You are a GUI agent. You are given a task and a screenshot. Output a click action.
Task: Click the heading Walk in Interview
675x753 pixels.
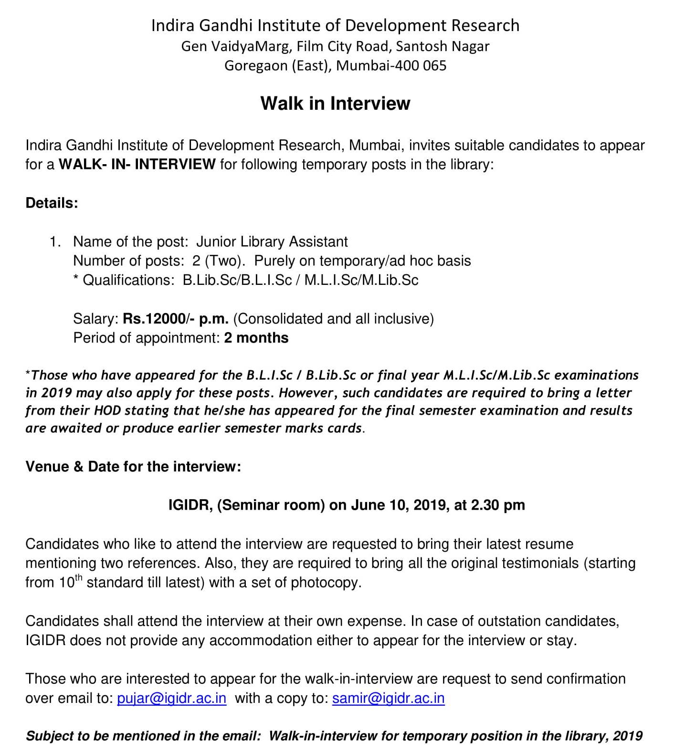[335, 104]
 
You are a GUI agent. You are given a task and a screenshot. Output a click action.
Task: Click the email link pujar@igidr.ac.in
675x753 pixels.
[171, 698]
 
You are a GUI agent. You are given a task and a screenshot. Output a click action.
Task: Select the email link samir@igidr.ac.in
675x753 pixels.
[388, 698]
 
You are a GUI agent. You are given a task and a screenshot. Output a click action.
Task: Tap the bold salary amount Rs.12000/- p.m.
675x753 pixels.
[175, 318]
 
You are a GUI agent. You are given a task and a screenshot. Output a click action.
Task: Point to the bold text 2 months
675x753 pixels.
[256, 338]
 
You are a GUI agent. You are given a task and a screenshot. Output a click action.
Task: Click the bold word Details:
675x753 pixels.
[52, 203]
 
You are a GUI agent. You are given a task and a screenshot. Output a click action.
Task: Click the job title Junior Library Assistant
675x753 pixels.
[272, 241]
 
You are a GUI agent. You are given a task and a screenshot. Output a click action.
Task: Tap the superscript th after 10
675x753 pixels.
[79, 578]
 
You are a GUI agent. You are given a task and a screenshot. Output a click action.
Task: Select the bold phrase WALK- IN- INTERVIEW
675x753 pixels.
[137, 165]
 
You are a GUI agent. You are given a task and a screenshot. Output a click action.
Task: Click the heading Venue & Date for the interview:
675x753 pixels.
[133, 466]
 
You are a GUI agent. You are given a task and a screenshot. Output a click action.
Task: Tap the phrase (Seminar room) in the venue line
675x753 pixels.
[271, 505]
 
